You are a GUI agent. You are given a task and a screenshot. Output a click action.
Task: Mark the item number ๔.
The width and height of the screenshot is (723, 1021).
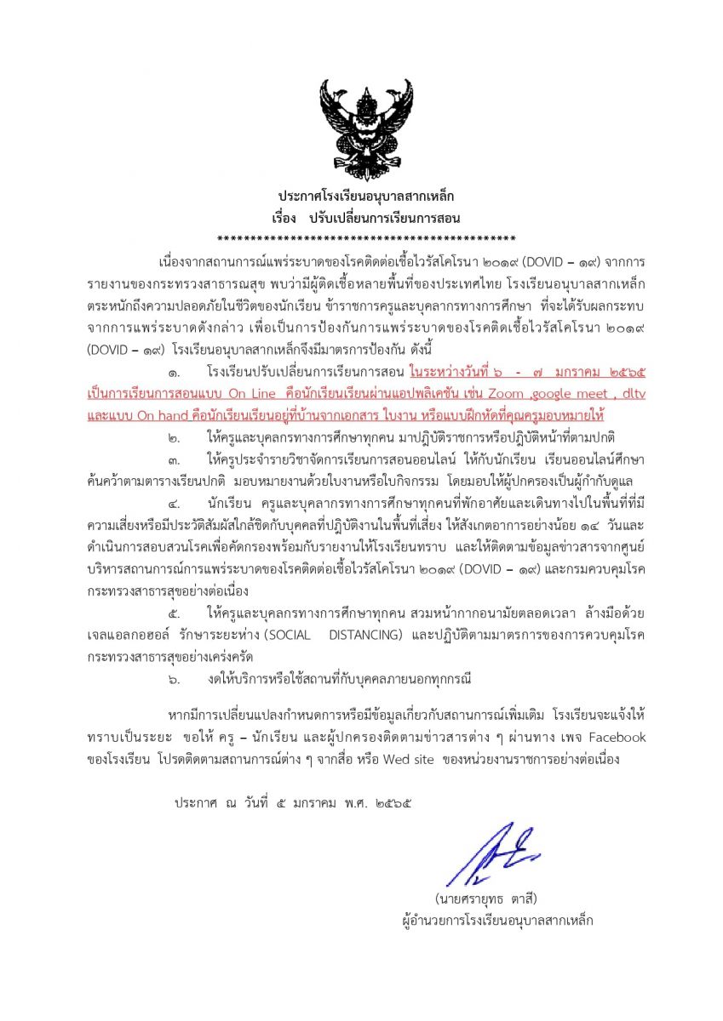(x=174, y=501)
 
